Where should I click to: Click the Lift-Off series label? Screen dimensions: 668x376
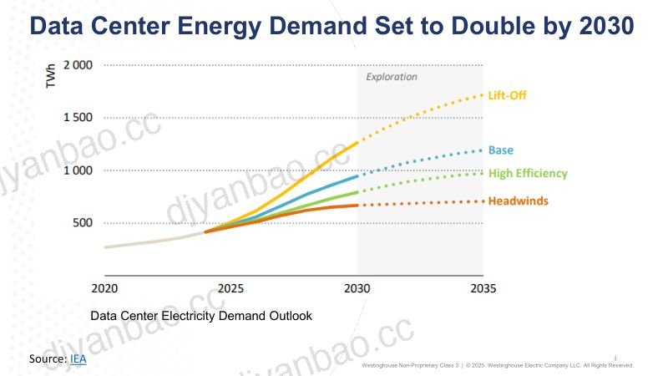507,95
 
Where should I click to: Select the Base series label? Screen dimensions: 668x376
500,150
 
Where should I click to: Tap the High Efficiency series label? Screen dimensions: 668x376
528,174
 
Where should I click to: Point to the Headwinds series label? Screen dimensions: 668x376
518,201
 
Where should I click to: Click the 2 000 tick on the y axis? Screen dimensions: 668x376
78,65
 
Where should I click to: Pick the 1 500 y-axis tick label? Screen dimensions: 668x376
78,118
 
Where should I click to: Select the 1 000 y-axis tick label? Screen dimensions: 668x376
78,170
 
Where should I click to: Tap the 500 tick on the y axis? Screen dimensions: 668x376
83,223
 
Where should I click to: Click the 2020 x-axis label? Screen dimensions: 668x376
104,288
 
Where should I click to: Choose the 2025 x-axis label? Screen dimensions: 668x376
231,288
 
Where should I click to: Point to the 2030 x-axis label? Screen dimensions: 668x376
357,288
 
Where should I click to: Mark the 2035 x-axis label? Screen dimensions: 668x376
483,288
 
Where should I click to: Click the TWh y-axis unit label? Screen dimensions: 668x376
51,76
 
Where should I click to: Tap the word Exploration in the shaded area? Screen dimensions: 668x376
392,77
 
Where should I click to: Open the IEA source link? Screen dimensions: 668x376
78,359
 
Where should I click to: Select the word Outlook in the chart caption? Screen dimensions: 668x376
291,316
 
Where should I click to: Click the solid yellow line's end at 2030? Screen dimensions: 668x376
357,143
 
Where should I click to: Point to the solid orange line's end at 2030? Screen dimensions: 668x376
357,205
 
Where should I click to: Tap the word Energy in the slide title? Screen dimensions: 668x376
220,27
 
